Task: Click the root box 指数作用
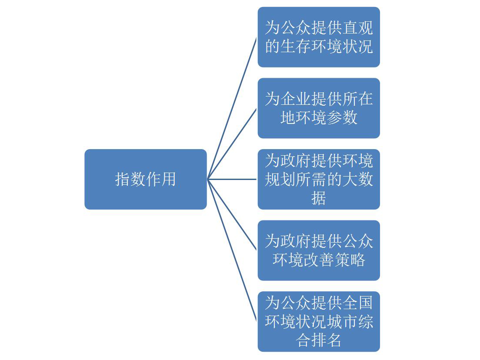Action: [145, 179]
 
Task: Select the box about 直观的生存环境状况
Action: [318, 37]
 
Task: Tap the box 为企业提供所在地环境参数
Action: [318, 108]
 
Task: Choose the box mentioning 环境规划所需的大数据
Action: [318, 179]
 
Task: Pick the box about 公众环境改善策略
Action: [318, 250]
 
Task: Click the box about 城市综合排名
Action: [318, 321]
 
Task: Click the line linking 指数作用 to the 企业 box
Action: [232, 144]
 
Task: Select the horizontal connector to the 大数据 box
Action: [232, 179]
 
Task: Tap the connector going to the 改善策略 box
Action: [232, 214]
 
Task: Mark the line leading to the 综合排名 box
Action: [232, 250]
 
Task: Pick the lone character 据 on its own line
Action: [319, 198]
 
